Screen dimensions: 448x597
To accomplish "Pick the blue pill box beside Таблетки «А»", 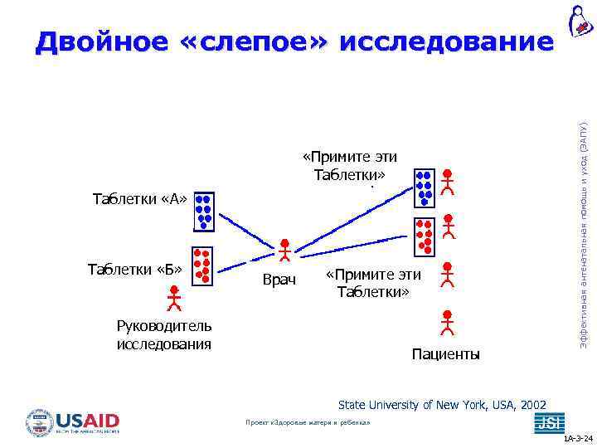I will [x=203, y=211].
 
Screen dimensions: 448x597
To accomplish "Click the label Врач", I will [x=279, y=280].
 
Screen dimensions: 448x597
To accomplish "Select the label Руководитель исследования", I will [x=164, y=334].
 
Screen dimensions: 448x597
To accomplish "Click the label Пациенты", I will [x=445, y=354].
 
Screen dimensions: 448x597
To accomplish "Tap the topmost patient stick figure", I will [x=448, y=182].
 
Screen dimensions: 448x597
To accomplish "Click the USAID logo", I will [x=74, y=421].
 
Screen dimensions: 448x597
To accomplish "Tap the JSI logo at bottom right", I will [x=549, y=422].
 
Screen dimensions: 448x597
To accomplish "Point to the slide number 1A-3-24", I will [x=577, y=440].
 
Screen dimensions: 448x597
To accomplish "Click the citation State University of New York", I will [x=442, y=404].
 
